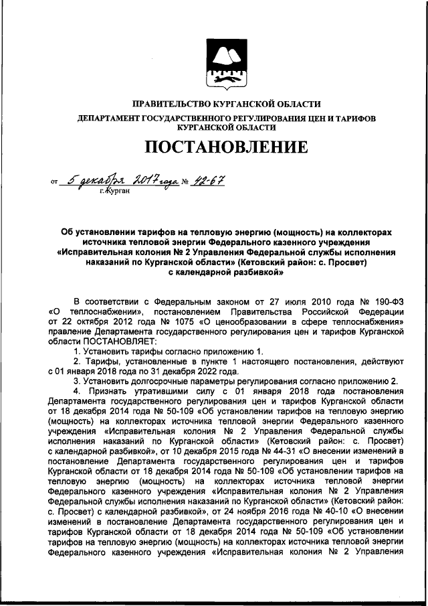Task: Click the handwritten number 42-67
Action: click(209, 179)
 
